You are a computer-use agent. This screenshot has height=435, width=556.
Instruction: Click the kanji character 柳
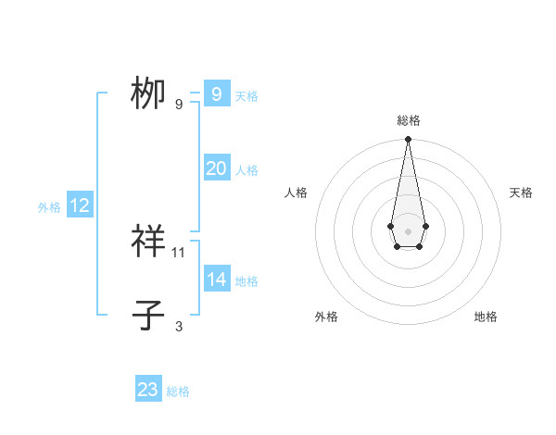(x=148, y=94)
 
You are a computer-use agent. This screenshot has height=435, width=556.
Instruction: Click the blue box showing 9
(x=216, y=94)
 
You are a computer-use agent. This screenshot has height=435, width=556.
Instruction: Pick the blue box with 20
(x=216, y=168)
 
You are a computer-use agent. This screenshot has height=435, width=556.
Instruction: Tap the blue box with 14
(x=216, y=280)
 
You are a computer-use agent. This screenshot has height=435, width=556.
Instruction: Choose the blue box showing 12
(x=79, y=205)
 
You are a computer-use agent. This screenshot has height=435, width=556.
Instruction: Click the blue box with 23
(x=148, y=390)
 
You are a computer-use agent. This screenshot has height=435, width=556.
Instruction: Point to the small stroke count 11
(x=179, y=252)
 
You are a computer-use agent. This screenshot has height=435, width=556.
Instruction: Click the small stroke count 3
(x=179, y=326)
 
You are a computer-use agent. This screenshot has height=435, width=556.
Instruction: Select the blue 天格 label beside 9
(x=246, y=96)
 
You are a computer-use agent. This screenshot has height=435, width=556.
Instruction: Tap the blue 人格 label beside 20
(x=246, y=170)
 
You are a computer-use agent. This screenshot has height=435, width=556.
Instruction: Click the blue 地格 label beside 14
(x=246, y=281)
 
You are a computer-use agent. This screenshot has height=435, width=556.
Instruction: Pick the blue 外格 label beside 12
(x=49, y=207)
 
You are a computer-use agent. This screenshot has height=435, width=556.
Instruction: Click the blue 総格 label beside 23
(x=178, y=391)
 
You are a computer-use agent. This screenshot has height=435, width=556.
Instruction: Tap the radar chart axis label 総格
(x=408, y=120)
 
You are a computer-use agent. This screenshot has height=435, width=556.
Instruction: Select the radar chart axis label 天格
(x=521, y=193)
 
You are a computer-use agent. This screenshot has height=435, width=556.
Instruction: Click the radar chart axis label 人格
(x=297, y=193)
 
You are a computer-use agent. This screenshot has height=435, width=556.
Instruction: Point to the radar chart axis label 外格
(x=326, y=317)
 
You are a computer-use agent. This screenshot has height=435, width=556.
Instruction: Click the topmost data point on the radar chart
(x=408, y=139)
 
